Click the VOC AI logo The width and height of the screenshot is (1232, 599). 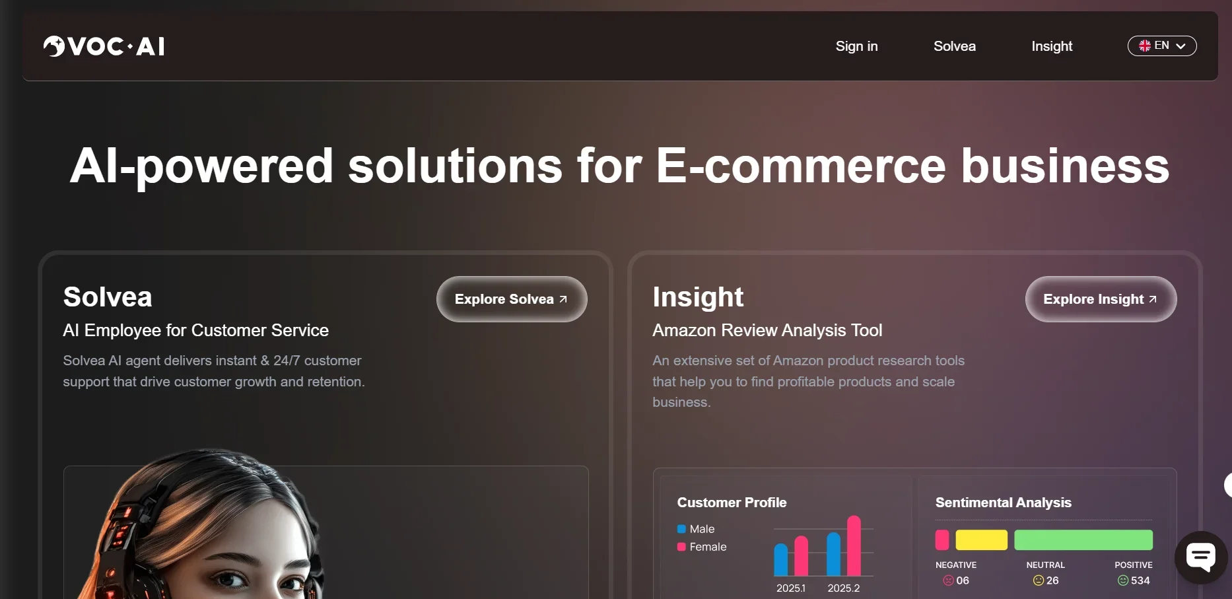[104, 46]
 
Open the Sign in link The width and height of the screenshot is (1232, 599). [856, 46]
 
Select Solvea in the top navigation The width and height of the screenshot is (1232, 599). [955, 46]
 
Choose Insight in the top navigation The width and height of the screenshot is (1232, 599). [1052, 46]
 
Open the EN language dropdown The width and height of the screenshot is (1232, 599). [1162, 46]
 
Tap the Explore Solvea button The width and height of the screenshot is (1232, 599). [512, 299]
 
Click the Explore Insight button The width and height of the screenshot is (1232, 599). [1101, 299]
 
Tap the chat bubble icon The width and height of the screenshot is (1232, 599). [1201, 557]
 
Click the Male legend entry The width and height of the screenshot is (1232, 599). [696, 529]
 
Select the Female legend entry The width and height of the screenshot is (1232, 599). [702, 547]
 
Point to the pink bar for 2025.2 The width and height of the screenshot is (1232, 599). [854, 546]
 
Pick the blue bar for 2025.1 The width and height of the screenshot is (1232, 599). [781, 559]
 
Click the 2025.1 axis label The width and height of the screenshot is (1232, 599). [791, 588]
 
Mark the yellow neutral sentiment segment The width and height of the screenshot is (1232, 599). [982, 540]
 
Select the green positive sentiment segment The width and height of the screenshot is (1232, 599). [1083, 540]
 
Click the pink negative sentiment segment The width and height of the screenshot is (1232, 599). [942, 540]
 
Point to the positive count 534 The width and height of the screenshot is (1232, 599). [1140, 581]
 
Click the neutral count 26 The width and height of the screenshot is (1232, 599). [1052, 581]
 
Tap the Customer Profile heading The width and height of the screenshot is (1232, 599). [732, 503]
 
